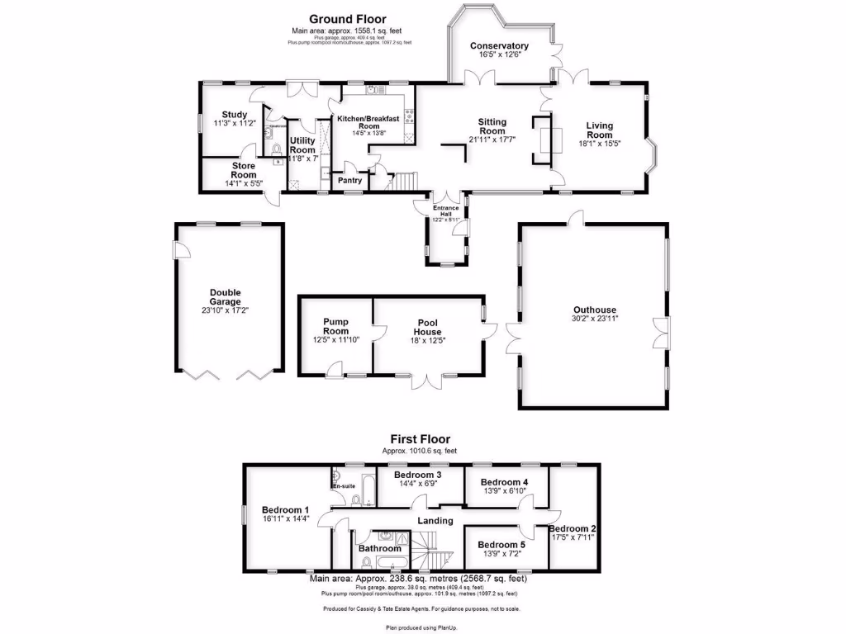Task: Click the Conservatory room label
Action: click(499, 46)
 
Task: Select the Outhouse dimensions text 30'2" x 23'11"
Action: click(595, 319)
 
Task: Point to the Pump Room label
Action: click(335, 327)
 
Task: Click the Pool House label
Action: click(427, 327)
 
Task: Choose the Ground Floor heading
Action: click(347, 19)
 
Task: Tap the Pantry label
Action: click(342, 179)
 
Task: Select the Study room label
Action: click(235, 115)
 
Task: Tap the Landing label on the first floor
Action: click(435, 521)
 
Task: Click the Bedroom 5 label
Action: click(501, 545)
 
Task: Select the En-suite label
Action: click(344, 486)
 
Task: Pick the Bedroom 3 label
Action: click(417, 475)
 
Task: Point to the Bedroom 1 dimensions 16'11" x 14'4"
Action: click(285, 519)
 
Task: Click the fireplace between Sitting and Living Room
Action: click(544, 140)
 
